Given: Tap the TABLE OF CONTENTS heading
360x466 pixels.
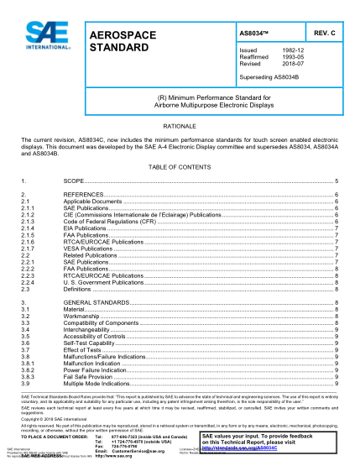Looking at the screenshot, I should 180,167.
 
